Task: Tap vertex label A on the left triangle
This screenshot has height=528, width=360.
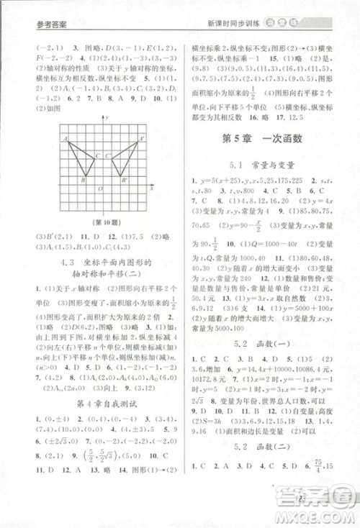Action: point(65,137)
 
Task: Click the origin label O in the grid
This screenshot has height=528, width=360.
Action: point(100,189)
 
